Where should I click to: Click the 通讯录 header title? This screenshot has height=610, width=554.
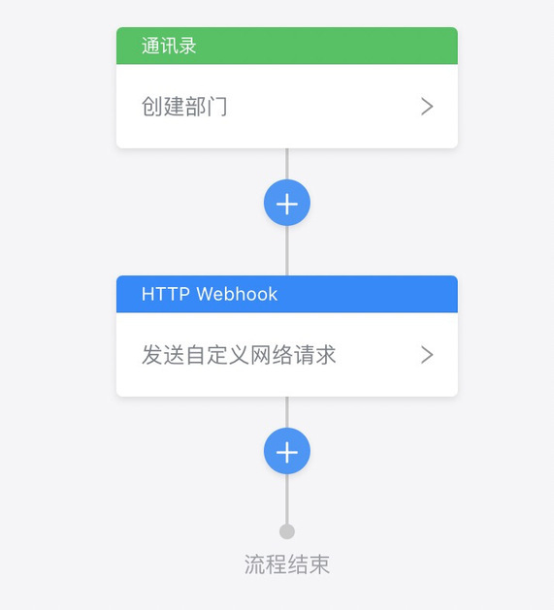coord(169,46)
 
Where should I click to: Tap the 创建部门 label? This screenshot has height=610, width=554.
coord(184,107)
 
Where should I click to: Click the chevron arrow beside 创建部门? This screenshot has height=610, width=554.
coord(427,107)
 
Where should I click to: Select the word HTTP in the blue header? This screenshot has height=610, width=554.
coord(166,294)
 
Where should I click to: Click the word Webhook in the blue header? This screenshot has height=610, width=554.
coord(237,294)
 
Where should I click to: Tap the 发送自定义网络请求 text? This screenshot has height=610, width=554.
coord(239,355)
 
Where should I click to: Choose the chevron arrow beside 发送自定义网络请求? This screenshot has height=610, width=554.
coord(427,355)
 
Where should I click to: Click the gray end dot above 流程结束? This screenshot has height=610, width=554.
coord(287,531)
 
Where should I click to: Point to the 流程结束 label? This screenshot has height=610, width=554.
coord(287,564)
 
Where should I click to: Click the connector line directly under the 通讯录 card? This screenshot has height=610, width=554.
coord(287,164)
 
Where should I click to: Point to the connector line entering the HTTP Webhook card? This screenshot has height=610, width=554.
coord(287,250)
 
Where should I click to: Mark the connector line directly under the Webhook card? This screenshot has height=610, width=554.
coord(287,412)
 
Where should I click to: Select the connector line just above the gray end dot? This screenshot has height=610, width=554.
coord(287,498)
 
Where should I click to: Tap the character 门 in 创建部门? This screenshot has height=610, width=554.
coord(217,107)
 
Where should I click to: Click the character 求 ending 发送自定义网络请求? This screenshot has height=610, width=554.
coord(325,355)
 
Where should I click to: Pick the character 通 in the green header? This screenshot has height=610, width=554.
coord(150,46)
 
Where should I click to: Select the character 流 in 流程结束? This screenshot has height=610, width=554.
coord(254,564)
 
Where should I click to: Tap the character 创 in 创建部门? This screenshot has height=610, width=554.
coord(151,107)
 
